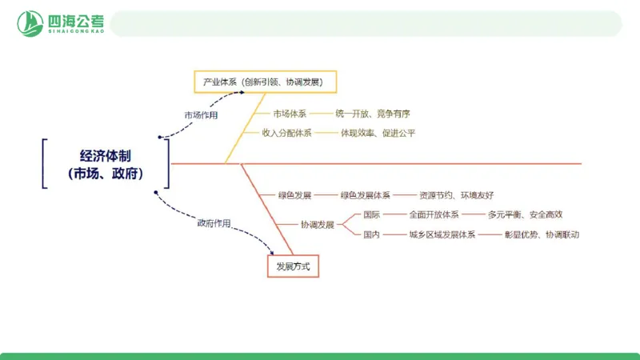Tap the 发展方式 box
[293, 266]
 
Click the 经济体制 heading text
[106, 156]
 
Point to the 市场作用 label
[201, 114]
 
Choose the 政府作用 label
[214, 223]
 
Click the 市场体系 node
[290, 114]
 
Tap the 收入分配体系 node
[287, 133]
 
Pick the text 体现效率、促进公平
[378, 133]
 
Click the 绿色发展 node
[294, 195]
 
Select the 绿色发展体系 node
[366, 195]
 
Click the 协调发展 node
[318, 225]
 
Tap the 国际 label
[371, 214]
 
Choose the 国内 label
[371, 235]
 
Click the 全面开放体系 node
[434, 214]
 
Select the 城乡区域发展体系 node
[442, 235]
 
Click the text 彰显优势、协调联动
[542, 235]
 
